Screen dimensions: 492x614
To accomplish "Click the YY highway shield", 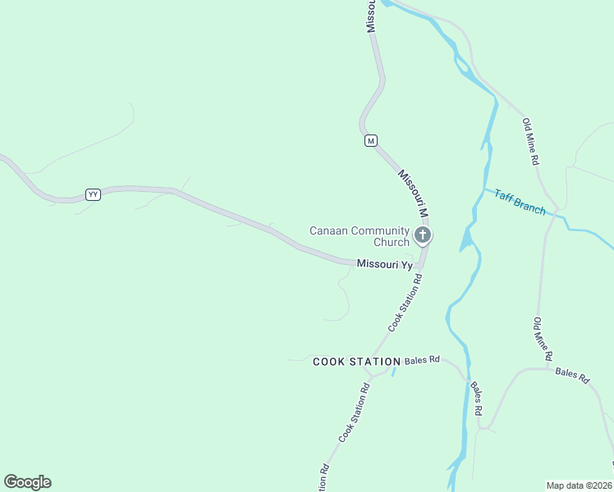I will pyautogui.click(x=93, y=194).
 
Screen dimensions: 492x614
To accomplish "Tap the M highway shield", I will pyautogui.click(x=371, y=141).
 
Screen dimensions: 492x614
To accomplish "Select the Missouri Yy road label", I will pyautogui.click(x=384, y=264).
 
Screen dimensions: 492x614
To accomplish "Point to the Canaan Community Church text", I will pyautogui.click(x=359, y=236).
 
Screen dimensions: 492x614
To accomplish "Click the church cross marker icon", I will pyautogui.click(x=423, y=236).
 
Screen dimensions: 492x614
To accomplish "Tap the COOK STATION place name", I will pyautogui.click(x=356, y=362).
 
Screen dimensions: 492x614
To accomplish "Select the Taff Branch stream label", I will pyautogui.click(x=520, y=202).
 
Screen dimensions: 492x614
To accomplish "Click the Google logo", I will pyautogui.click(x=27, y=482).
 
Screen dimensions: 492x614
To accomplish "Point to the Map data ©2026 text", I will pyautogui.click(x=579, y=485).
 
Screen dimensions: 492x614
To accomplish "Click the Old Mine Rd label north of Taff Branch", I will pyautogui.click(x=530, y=142).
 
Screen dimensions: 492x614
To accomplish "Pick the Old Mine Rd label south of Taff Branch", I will pyautogui.click(x=543, y=339).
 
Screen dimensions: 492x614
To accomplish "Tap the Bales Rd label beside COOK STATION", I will pyautogui.click(x=422, y=360).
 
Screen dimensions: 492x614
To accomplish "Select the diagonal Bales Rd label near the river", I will pyautogui.click(x=476, y=397).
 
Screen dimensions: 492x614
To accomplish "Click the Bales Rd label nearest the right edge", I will pyautogui.click(x=572, y=375).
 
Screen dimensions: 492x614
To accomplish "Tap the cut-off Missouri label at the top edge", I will pyautogui.click(x=371, y=16).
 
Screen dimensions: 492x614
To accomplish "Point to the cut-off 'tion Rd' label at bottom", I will pyautogui.click(x=324, y=478).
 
